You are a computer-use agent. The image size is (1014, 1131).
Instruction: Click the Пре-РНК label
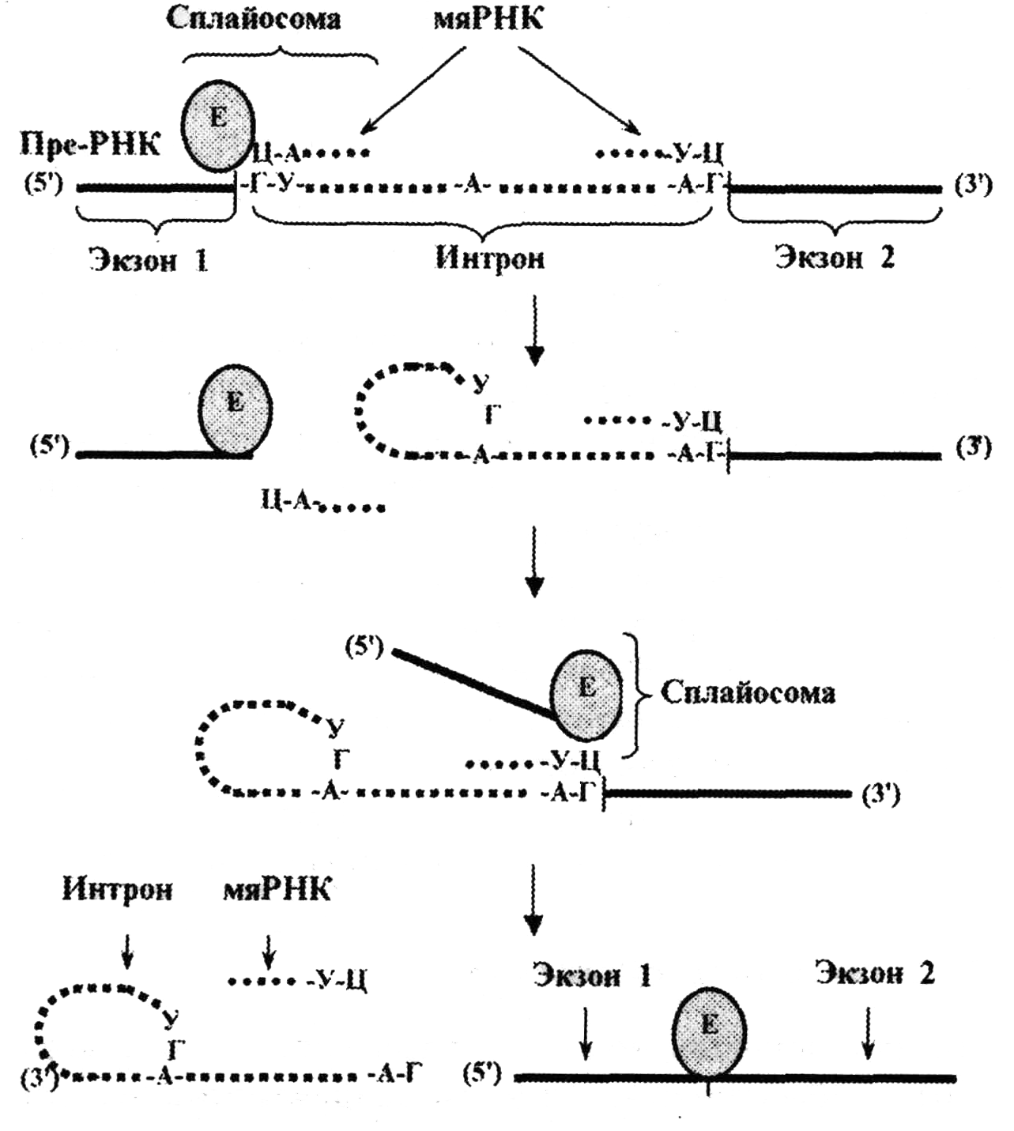pos(89,144)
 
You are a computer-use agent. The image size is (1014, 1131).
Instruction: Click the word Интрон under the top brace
pos(489,258)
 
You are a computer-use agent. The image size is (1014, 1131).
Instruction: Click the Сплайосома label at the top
pos(253,19)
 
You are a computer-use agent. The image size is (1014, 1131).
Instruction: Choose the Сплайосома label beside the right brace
pos(748,692)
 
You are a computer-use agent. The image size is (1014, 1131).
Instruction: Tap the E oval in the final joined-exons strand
pos(709,1031)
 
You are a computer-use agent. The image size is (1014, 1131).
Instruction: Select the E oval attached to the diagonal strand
pos(586,688)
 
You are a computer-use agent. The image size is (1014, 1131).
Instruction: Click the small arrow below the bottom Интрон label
pos(126,950)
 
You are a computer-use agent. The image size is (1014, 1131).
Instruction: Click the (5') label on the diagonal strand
pos(364,648)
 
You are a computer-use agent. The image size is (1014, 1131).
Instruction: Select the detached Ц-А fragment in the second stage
pos(320,503)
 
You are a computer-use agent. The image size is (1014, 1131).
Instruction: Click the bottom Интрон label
pos(117,891)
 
